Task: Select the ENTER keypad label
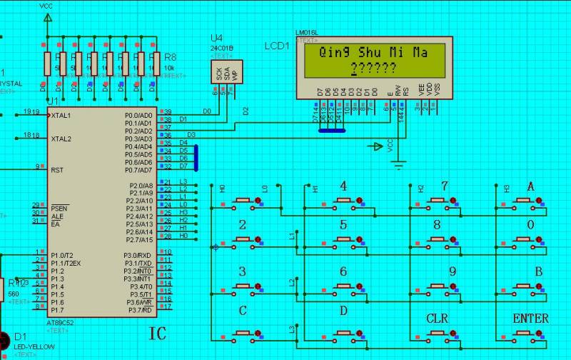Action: click(530, 318)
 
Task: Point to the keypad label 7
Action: click(445, 186)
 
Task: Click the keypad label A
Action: click(530, 186)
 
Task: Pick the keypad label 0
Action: click(530, 225)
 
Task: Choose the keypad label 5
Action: click(343, 225)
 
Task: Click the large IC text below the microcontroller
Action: click(158, 334)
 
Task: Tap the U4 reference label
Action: click(217, 38)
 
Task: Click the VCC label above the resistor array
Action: click(46, 6)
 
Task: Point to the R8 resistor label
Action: click(170, 56)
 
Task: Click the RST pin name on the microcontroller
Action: click(58, 170)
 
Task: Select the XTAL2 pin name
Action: click(61, 139)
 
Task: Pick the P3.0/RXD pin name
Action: click(138, 255)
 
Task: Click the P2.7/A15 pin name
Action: click(138, 239)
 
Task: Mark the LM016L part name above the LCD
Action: click(306, 33)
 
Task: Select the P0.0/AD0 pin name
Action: click(138, 115)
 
